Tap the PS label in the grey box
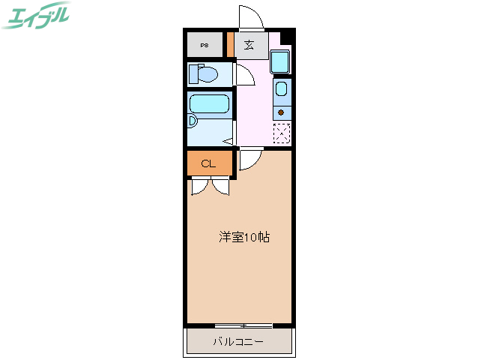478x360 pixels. pyautogui.click(x=205, y=46)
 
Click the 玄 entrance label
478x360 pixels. pyautogui.click(x=248, y=44)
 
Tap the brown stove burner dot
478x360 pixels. pyautogui.click(x=281, y=112)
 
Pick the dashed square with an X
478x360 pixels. pyautogui.click(x=282, y=133)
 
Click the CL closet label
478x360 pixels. pyautogui.click(x=209, y=163)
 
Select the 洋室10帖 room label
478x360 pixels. pyautogui.click(x=244, y=238)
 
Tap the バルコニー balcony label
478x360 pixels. pyautogui.click(x=238, y=342)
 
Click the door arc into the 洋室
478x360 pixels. pyautogui.click(x=250, y=160)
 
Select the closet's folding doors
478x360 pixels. pyautogui.click(x=211, y=185)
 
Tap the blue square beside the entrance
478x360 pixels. pyautogui.click(x=279, y=61)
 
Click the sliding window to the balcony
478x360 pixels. pyautogui.click(x=243, y=325)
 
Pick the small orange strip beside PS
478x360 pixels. pyautogui.click(x=230, y=45)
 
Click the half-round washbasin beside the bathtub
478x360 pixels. pyautogui.click(x=192, y=121)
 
